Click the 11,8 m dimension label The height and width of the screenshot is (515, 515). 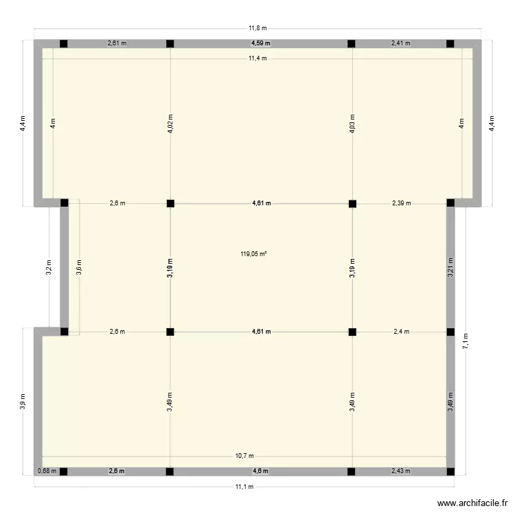point(257,28)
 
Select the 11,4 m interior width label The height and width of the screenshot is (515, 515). point(257,58)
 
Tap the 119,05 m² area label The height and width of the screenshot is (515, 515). point(253,253)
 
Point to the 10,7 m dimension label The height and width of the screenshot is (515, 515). point(245,455)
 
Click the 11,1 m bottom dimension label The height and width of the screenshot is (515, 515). point(245,487)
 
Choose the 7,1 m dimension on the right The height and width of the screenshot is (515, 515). point(466,343)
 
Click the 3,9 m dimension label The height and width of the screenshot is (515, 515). point(23,400)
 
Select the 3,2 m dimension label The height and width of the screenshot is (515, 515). point(49,266)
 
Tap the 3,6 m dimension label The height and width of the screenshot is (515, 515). point(79,266)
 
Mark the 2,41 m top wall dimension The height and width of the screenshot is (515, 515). point(401,43)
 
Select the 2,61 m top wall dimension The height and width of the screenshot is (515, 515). point(117,43)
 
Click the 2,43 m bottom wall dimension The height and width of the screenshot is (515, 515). point(399,471)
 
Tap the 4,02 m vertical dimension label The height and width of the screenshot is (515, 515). point(170,123)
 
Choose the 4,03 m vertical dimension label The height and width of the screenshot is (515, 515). point(352,123)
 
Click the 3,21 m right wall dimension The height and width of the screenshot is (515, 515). point(450,266)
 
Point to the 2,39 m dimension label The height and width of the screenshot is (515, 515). point(402,203)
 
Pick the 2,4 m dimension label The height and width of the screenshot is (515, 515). point(401,332)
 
